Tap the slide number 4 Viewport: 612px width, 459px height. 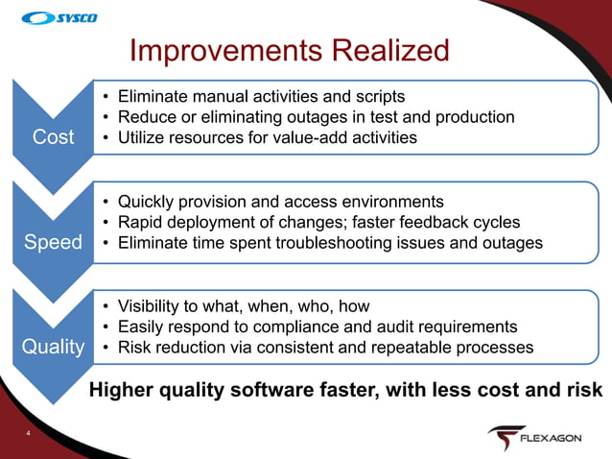(x=29, y=435)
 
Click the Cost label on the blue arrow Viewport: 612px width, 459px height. (x=53, y=137)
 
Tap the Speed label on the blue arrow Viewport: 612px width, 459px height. (x=53, y=242)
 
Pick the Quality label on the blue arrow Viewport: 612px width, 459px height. (x=54, y=347)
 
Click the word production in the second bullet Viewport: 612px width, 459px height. (x=472, y=117)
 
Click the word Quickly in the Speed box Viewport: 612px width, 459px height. (x=147, y=202)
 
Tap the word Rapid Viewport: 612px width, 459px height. (x=142, y=222)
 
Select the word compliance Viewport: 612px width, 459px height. (x=317, y=326)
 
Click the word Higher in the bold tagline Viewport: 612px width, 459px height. (x=120, y=391)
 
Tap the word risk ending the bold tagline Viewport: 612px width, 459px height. (x=584, y=391)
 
